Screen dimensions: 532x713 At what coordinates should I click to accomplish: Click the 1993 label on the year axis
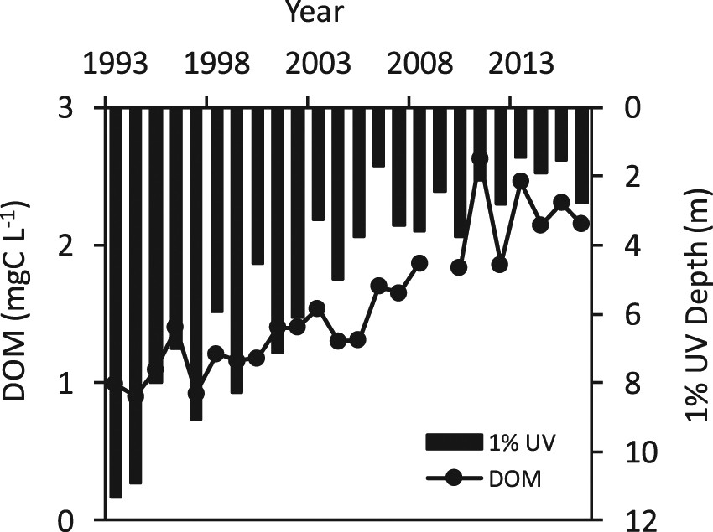[x=116, y=64]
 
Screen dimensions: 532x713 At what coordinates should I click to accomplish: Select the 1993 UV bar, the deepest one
[x=116, y=302]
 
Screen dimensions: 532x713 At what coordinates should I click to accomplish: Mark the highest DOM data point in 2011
[x=480, y=158]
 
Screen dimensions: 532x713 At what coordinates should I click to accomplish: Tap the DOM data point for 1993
[x=116, y=384]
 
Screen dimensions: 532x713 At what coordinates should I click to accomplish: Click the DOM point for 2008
[x=419, y=263]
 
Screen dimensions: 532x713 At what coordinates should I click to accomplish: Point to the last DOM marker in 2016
[x=580, y=223]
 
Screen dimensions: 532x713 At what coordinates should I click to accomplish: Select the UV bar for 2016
[x=580, y=155]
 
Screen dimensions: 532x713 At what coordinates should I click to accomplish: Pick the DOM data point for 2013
[x=520, y=181]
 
